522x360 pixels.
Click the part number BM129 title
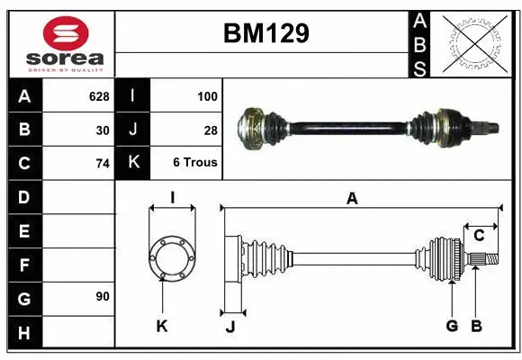pyautogui.click(x=265, y=34)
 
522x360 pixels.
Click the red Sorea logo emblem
pyautogui.click(x=66, y=35)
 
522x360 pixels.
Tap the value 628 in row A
pyautogui.click(x=99, y=95)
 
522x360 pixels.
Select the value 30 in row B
pyautogui.click(x=103, y=130)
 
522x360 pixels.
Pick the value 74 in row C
pyautogui.click(x=103, y=164)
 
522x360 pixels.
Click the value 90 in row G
pyautogui.click(x=103, y=296)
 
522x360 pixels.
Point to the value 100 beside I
pyautogui.click(x=207, y=95)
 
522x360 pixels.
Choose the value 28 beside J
pyautogui.click(x=211, y=130)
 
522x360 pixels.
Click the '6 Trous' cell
pyautogui.click(x=195, y=164)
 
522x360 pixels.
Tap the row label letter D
pyautogui.click(x=24, y=196)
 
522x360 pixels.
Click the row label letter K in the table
pyautogui.click(x=133, y=163)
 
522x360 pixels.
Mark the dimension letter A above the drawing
pyautogui.click(x=352, y=199)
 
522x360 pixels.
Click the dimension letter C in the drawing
pyautogui.click(x=480, y=236)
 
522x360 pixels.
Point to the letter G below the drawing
pyautogui.click(x=452, y=326)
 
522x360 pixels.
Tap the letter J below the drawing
pyautogui.click(x=230, y=327)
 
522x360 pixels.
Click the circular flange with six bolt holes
pyautogui.click(x=171, y=258)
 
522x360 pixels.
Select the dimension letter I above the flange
pyautogui.click(x=171, y=198)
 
